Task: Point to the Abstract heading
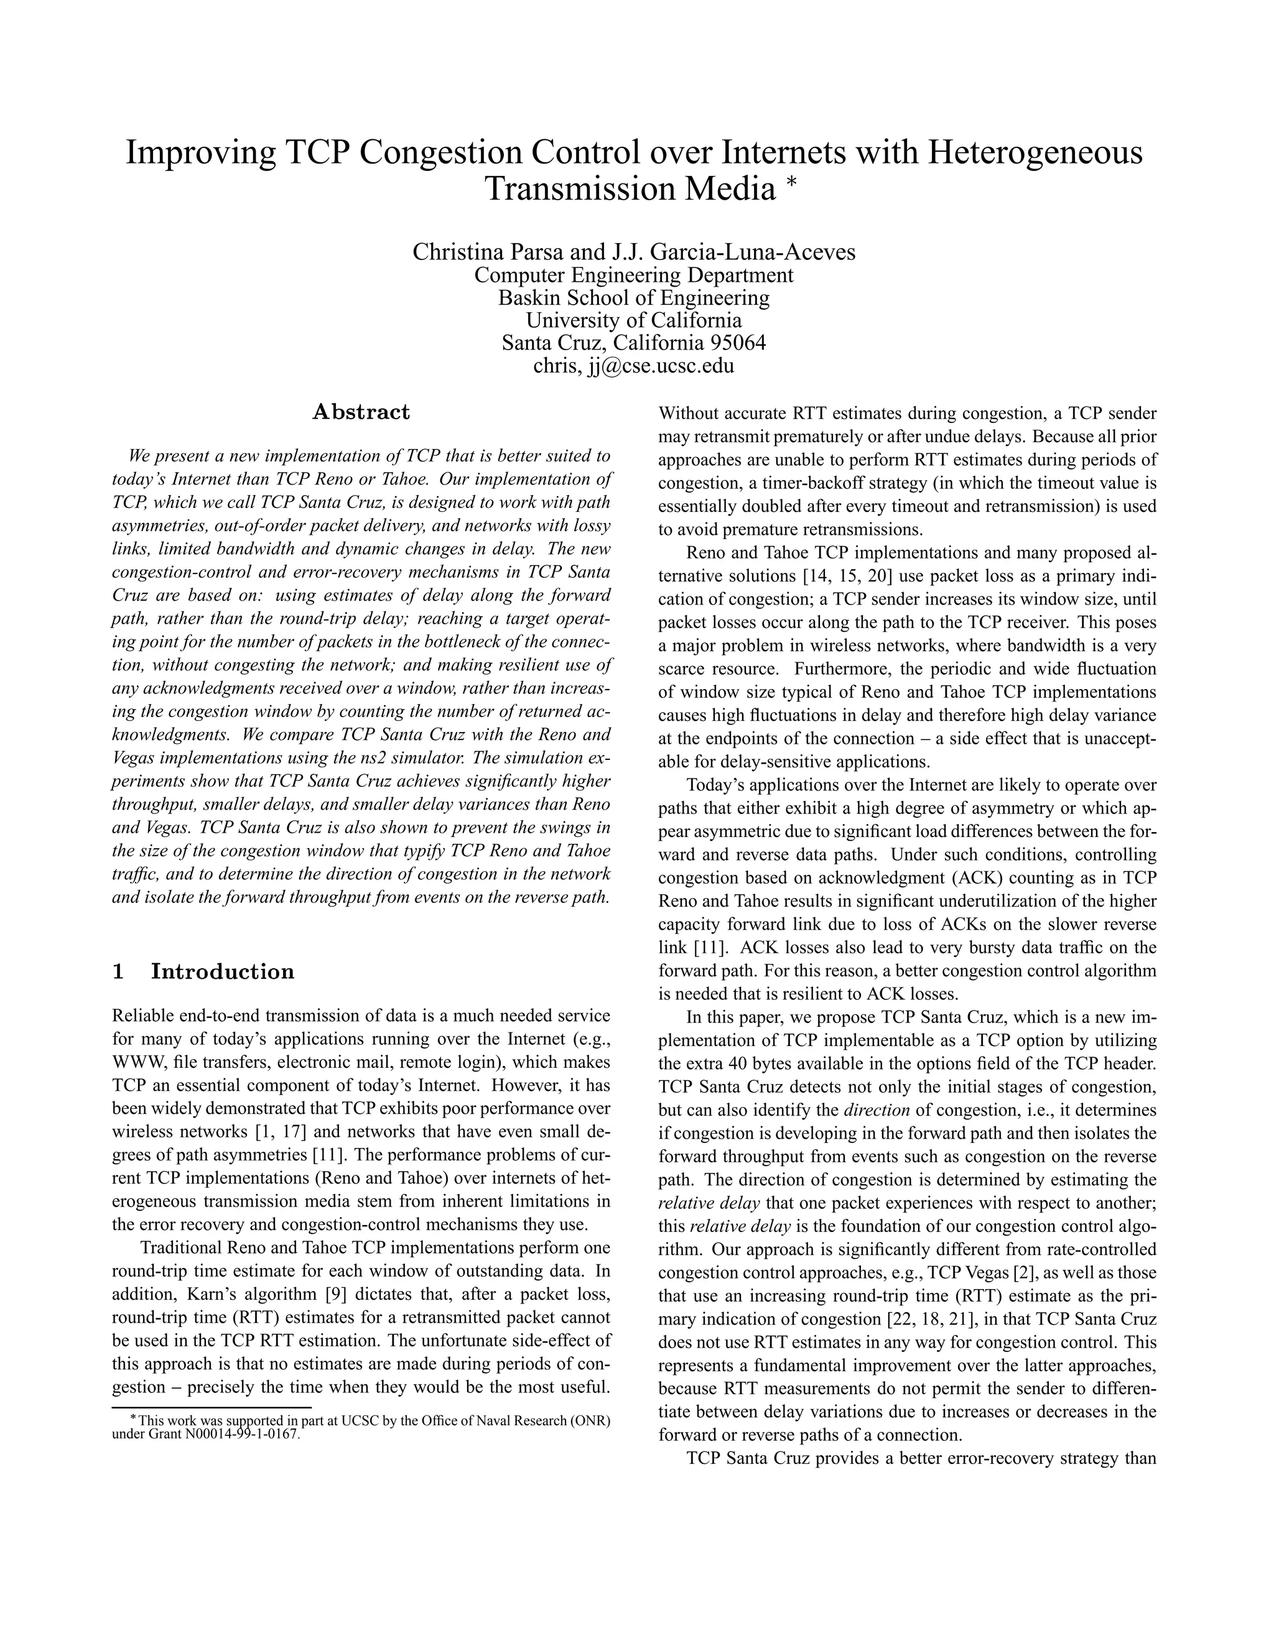(361, 412)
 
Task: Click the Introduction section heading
(223, 971)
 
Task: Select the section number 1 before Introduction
(118, 971)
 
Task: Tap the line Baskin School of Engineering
(634, 297)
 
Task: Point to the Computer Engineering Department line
(634, 275)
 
